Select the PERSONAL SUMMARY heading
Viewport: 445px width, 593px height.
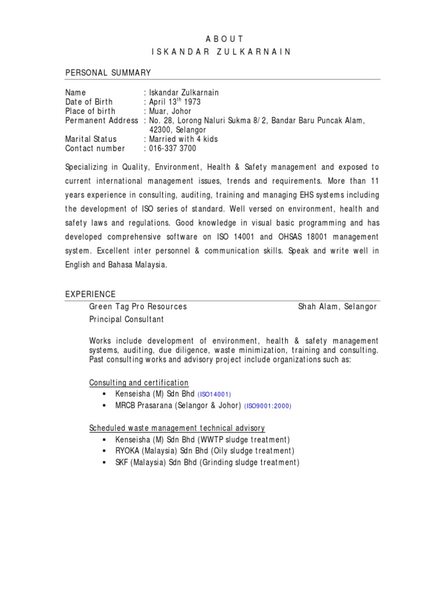click(x=108, y=72)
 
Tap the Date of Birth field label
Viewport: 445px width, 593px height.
click(x=89, y=102)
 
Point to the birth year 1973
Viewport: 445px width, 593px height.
click(x=193, y=102)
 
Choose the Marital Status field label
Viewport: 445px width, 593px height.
click(x=91, y=139)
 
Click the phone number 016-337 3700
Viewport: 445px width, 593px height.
click(x=173, y=148)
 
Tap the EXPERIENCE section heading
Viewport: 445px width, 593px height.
click(x=90, y=294)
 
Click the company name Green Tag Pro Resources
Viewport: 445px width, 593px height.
click(x=138, y=306)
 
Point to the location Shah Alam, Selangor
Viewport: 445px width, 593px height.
click(x=337, y=306)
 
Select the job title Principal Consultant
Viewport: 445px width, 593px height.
click(x=126, y=319)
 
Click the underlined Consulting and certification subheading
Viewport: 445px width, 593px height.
click(x=139, y=383)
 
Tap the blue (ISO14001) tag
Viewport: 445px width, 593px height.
click(x=214, y=394)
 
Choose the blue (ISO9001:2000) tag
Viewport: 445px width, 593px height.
click(x=268, y=406)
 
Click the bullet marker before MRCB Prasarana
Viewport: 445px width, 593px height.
click(x=103, y=405)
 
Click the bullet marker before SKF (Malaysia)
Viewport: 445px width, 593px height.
click(x=103, y=463)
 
